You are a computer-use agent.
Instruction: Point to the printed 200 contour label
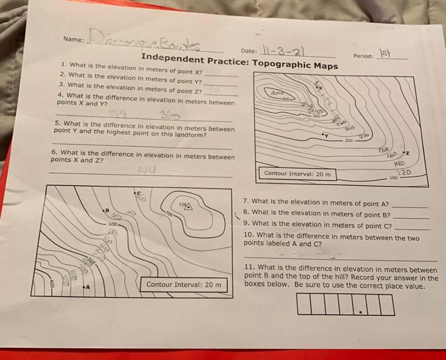click(349, 141)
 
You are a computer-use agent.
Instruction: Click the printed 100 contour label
click(393, 178)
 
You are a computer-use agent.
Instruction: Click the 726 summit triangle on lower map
click(188, 206)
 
